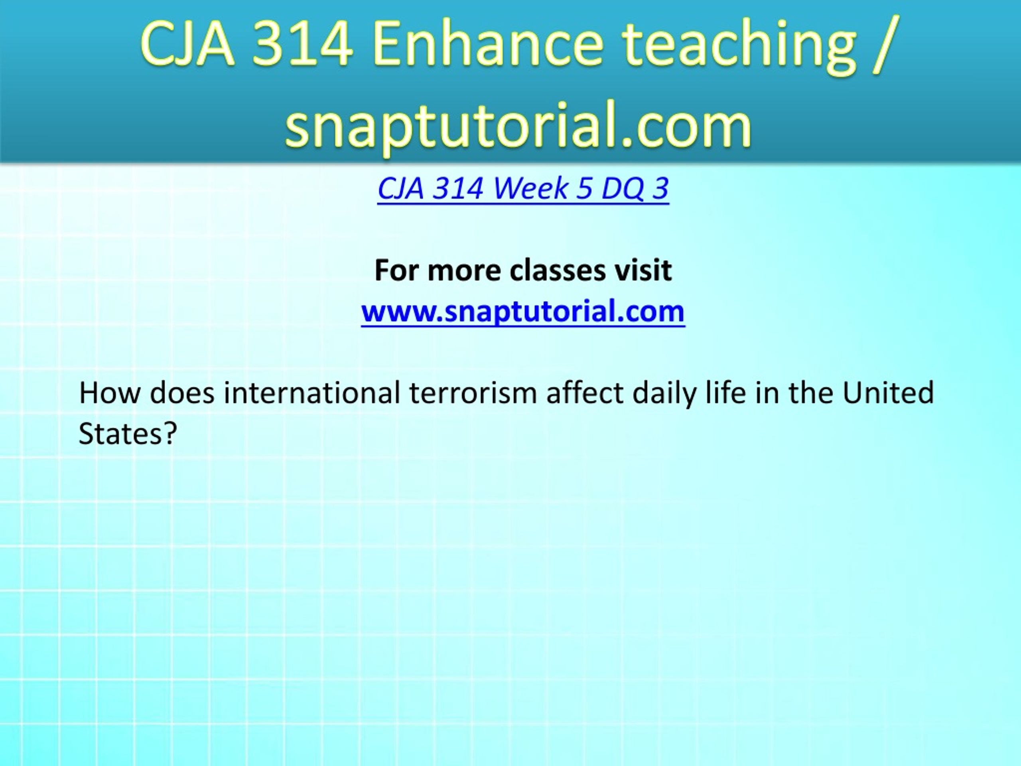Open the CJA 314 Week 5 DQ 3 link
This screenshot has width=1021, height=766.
(x=523, y=188)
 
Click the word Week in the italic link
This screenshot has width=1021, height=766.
(x=531, y=188)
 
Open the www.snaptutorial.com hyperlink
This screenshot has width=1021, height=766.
(x=523, y=312)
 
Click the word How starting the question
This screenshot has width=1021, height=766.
(x=109, y=393)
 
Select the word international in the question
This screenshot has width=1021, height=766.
(x=312, y=393)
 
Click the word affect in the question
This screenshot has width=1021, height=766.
(x=585, y=393)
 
